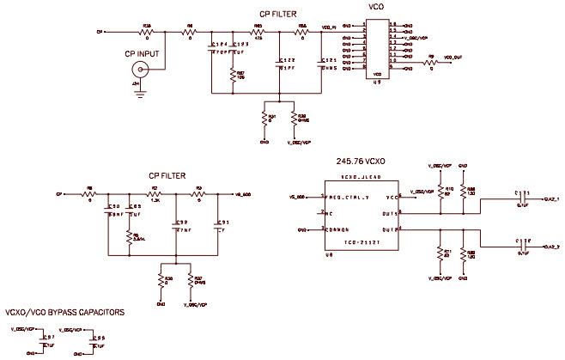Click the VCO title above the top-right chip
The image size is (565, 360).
click(375, 7)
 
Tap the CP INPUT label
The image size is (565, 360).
click(142, 53)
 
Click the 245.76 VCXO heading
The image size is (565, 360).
click(365, 161)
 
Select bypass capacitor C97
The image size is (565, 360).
click(44, 341)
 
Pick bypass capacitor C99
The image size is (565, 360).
click(94, 341)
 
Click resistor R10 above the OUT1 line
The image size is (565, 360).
click(440, 191)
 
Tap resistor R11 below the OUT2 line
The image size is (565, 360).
click(440, 251)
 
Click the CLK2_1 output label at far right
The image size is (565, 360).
click(551, 199)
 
